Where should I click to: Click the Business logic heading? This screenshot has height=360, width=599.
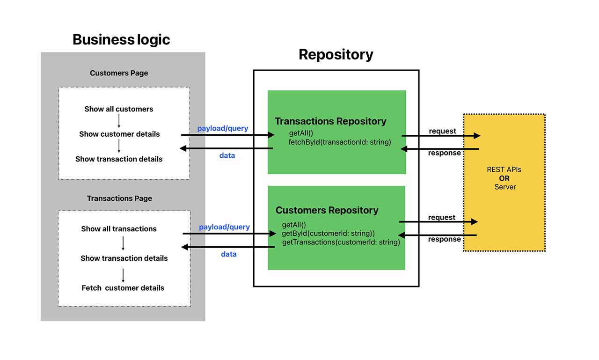pos(121,39)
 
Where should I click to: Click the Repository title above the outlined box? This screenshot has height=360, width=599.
pos(336,54)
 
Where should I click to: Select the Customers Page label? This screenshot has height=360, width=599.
pos(119,73)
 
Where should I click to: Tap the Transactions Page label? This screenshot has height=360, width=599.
pos(119,198)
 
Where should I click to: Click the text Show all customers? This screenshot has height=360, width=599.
pos(119,109)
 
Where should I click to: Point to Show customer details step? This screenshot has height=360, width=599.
pos(119,134)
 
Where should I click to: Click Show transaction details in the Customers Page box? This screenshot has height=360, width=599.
pos(119,159)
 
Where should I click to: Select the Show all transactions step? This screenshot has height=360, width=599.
pos(119,229)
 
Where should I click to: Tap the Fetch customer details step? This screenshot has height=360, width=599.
pos(123,288)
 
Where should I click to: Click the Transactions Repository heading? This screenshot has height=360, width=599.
pos(330,121)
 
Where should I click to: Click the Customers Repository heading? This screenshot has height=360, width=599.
pos(327,210)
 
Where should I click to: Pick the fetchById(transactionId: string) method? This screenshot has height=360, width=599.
pos(339,142)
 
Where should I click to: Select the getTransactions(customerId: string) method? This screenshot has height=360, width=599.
pos(341,242)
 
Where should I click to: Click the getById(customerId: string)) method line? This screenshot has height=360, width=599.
pos(328,233)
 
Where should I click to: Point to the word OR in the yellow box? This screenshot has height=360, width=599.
pos(504,178)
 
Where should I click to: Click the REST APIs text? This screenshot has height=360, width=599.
pos(504,169)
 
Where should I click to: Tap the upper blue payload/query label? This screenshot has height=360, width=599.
pos(223,128)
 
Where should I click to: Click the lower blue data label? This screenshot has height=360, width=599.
pos(229,254)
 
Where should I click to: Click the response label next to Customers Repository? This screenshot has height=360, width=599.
pos(445,239)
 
